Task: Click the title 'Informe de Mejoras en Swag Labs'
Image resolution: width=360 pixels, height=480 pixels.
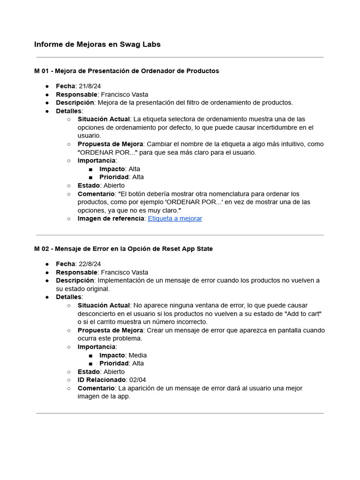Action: pos(97,45)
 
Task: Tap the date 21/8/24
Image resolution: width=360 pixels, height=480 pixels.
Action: pos(90,86)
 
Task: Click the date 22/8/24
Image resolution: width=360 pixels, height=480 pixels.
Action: pos(90,264)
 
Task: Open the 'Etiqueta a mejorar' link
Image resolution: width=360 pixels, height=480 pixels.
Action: pos(175,218)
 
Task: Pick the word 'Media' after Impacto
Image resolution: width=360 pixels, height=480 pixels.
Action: pos(137,355)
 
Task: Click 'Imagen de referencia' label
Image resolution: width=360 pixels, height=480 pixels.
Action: pos(111,218)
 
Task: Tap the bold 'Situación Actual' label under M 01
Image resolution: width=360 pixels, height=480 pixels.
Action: pos(104,119)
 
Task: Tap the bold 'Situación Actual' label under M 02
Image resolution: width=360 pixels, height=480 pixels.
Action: pos(104,306)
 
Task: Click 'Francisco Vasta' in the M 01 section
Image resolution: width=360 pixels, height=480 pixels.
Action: pos(124,94)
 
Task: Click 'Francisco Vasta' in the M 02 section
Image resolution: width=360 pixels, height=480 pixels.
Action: pos(124,272)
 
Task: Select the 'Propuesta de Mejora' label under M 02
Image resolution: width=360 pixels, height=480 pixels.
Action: pos(110,330)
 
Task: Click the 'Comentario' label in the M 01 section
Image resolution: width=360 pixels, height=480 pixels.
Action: pos(96,194)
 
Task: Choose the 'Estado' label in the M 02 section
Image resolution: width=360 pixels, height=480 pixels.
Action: pos(89,372)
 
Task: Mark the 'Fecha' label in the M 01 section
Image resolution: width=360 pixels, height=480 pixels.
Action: pos(65,86)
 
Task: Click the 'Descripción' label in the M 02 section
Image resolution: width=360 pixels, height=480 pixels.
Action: pos(75,280)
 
